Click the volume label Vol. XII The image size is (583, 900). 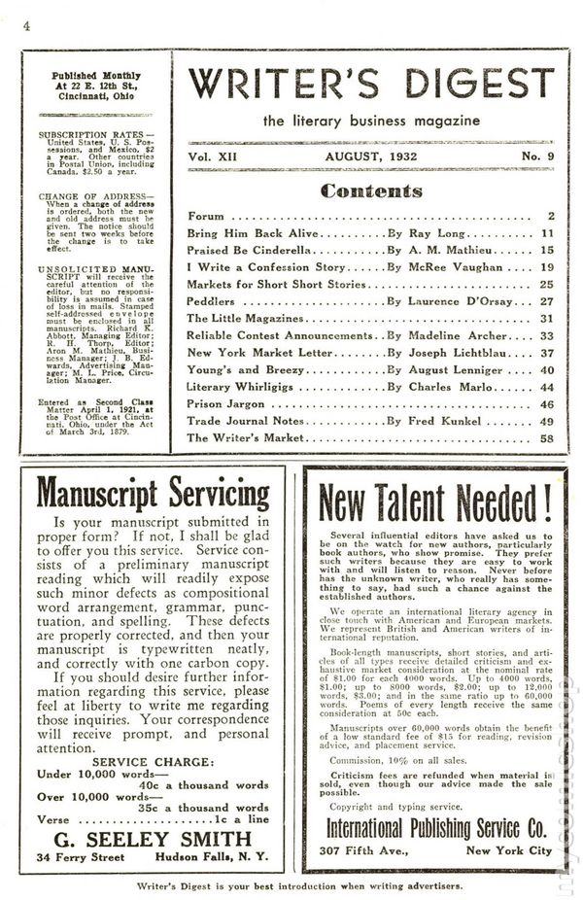214,156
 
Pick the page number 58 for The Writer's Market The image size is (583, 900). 547,438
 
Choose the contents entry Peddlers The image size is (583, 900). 213,301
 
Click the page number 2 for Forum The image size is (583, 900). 550,216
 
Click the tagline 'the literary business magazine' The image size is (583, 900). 370,120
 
